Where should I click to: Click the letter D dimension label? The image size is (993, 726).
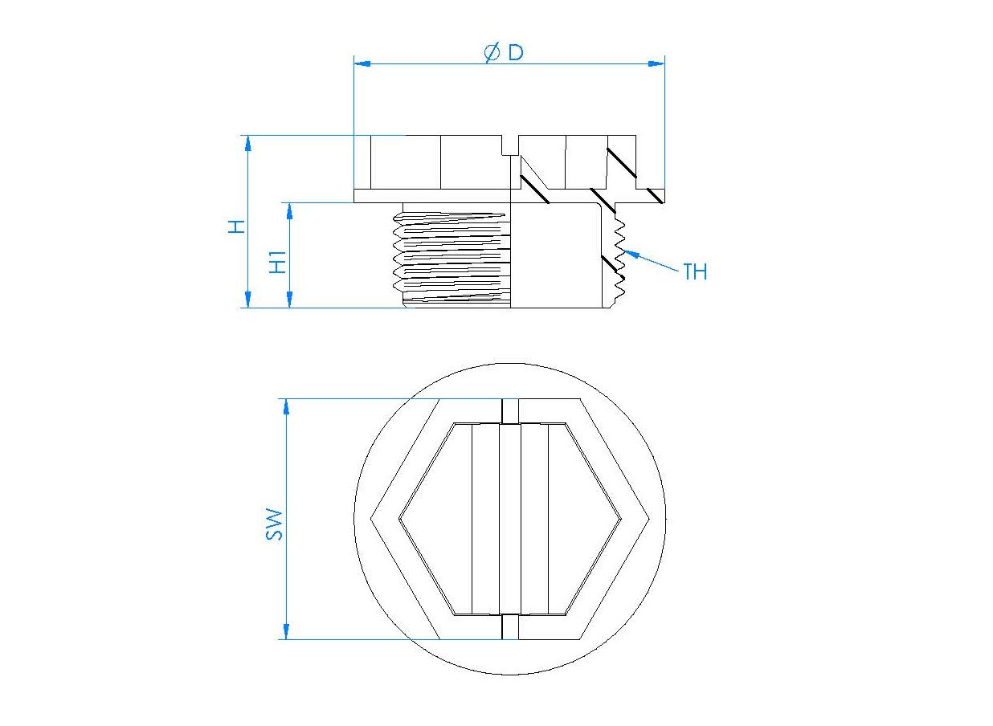tap(516, 53)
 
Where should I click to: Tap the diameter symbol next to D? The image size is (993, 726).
tap(492, 53)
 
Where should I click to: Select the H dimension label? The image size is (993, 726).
tap(237, 226)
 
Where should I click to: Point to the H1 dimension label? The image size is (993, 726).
tap(278, 262)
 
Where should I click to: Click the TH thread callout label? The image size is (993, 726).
tap(695, 271)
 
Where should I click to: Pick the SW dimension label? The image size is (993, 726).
tap(274, 524)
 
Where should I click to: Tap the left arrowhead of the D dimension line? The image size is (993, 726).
tap(362, 63)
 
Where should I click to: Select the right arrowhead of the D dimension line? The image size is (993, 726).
tap(656, 63)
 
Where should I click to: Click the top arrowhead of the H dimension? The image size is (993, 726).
tap(247, 144)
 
